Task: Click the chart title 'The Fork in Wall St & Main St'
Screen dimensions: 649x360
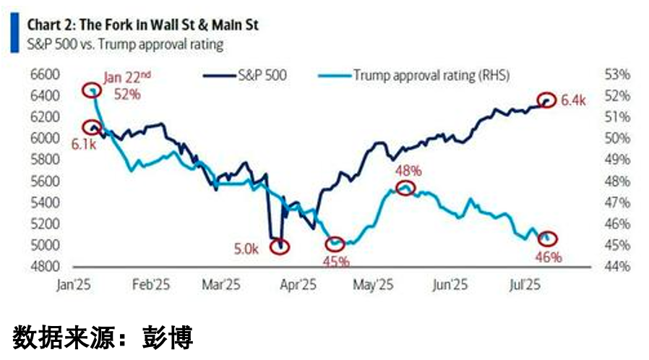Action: click(x=169, y=25)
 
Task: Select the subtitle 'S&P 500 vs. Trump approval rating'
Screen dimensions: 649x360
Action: click(x=125, y=44)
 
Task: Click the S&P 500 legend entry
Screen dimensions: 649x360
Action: click(x=245, y=75)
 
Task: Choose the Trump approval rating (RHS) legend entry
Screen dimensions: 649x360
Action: click(x=414, y=75)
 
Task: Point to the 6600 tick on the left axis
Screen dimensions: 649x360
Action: click(x=45, y=75)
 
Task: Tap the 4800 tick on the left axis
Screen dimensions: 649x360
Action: click(x=45, y=267)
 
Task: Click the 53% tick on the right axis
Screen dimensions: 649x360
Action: click(x=617, y=75)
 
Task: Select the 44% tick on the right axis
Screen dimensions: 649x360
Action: click(x=617, y=267)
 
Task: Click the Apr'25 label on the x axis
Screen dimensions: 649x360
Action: click(x=298, y=285)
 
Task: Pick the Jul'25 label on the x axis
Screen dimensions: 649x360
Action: click(x=525, y=285)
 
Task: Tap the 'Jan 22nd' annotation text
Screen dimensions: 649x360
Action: click(x=127, y=77)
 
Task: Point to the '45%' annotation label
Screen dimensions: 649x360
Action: click(x=336, y=262)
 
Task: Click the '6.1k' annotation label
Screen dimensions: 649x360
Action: click(x=84, y=145)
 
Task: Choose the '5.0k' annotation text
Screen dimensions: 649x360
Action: click(x=246, y=249)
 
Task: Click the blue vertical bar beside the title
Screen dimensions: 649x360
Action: click(x=15, y=33)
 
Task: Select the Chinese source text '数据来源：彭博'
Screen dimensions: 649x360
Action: click(x=103, y=338)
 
